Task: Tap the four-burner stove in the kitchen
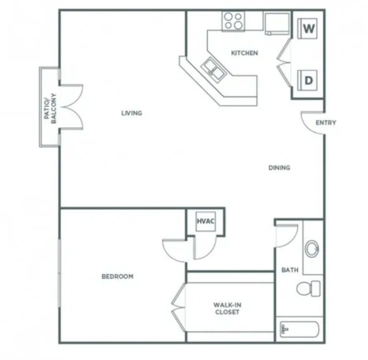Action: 234,21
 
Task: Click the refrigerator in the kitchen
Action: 277,23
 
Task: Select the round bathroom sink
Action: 313,248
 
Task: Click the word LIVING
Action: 132,113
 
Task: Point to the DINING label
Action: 279,168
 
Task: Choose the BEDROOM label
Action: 118,276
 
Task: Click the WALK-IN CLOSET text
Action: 227,308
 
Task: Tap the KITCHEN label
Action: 245,53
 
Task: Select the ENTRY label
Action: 326,123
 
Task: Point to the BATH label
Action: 290,270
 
